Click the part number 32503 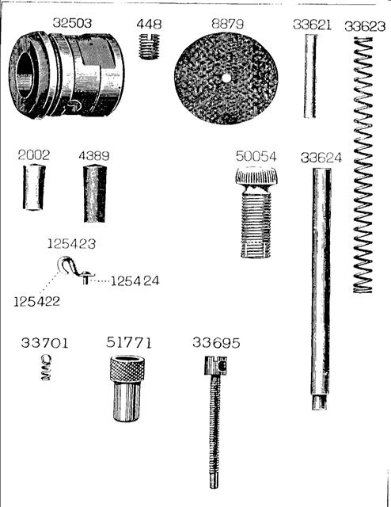tap(72, 23)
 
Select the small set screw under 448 tap(149, 46)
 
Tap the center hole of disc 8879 tap(226, 78)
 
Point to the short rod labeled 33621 tap(310, 76)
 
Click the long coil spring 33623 tap(363, 166)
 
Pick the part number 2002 tap(34, 155)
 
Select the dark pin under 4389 tap(95, 193)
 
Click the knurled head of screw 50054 tap(256, 176)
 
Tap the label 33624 tap(321, 158)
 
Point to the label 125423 tap(71, 244)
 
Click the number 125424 tap(135, 281)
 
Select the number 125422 tap(37, 302)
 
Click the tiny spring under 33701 tap(46, 367)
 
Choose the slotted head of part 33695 tap(215, 365)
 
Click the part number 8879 tap(227, 24)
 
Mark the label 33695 tap(216, 343)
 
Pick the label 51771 tap(128, 343)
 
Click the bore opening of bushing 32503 tap(24, 76)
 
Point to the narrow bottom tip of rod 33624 tap(319, 403)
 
